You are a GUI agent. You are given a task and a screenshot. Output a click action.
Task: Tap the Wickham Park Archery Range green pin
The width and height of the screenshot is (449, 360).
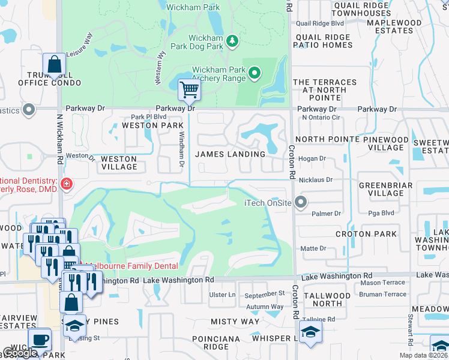click(255, 74)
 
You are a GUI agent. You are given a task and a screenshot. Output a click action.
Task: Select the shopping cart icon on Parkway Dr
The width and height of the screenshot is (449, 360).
click(189, 90)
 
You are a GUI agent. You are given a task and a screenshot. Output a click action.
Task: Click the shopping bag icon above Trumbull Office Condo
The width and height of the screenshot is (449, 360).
click(54, 64)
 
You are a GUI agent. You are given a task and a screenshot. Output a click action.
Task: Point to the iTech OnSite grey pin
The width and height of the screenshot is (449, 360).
click(301, 202)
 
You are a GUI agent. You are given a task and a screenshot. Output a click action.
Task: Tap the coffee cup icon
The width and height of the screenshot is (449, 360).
click(40, 339)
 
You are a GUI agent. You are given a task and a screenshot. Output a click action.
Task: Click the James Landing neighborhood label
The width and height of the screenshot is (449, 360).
click(231, 154)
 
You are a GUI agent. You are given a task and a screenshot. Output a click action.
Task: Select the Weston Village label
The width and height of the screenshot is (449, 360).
click(119, 163)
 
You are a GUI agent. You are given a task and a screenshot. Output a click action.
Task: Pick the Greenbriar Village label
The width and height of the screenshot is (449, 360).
click(382, 189)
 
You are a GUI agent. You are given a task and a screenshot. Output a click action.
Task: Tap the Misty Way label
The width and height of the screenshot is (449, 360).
click(235, 322)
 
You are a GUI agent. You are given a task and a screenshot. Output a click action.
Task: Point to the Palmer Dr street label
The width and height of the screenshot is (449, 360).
click(326, 213)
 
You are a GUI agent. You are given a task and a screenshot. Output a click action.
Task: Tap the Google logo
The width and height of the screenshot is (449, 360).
click(20, 353)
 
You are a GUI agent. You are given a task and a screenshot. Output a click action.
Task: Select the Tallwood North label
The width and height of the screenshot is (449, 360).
click(327, 299)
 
